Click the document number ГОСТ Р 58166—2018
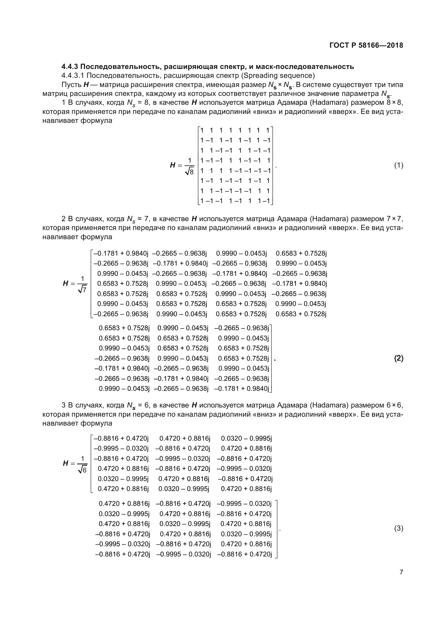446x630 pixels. tap(366, 45)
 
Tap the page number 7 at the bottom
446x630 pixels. tap(401, 572)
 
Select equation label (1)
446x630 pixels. tap(399, 165)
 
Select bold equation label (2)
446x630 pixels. tap(399, 358)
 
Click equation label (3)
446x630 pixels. tap(399, 528)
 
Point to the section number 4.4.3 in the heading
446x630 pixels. tap(70, 67)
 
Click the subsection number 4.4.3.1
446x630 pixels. tap(73, 75)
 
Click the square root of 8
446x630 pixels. tap(190, 172)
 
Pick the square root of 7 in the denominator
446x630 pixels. tap(83, 289)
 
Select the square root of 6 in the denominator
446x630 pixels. tap(83, 470)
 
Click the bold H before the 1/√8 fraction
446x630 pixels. tap(173, 165)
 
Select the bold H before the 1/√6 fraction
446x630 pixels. tap(65, 464)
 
